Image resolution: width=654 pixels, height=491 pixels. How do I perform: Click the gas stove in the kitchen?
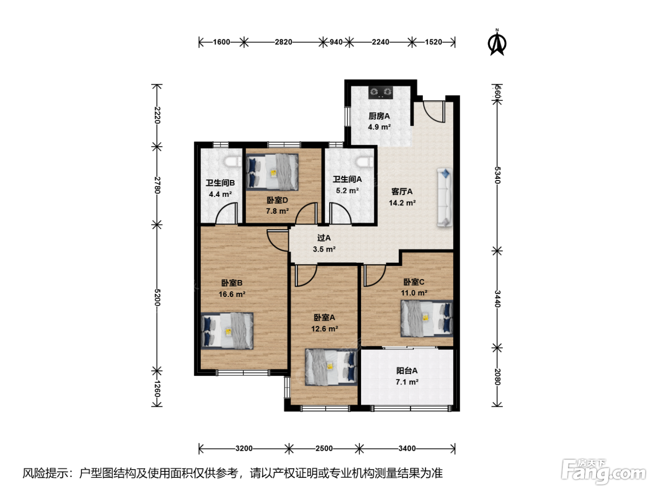pyautogui.click(x=380, y=92)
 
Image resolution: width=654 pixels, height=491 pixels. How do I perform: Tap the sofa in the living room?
pyautogui.click(x=445, y=198)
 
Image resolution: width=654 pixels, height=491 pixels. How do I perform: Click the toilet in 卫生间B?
pyautogui.click(x=233, y=162)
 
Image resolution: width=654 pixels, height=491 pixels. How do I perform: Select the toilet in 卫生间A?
pyautogui.click(x=364, y=162)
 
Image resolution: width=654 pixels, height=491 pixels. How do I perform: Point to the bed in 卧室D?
pyautogui.click(x=272, y=172)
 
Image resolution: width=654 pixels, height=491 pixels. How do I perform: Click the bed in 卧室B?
pyautogui.click(x=227, y=331)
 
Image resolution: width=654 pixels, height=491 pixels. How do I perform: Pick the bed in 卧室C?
pyautogui.click(x=427, y=318)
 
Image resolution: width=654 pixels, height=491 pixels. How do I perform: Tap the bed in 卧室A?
pyautogui.click(x=331, y=367)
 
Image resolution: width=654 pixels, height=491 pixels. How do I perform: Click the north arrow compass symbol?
pyautogui.click(x=497, y=43)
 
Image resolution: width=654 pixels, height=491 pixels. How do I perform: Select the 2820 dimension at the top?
pyautogui.click(x=284, y=42)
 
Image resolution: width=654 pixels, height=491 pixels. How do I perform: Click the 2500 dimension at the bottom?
pyautogui.click(x=324, y=448)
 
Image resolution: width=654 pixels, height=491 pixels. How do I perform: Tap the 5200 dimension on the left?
pyautogui.click(x=157, y=297)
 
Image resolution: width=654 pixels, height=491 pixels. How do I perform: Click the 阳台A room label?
pyautogui.click(x=407, y=370)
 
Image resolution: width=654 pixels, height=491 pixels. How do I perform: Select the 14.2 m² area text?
pyautogui.click(x=402, y=203)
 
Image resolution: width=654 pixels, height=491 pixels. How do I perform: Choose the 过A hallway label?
pyautogui.click(x=324, y=238)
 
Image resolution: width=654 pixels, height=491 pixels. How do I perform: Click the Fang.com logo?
pyautogui.click(x=604, y=472)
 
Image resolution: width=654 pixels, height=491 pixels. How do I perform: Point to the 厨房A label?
pyautogui.click(x=379, y=116)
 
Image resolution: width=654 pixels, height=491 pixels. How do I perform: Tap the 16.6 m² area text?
pyautogui.click(x=232, y=294)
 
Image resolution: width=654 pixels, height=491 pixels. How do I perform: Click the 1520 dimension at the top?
pyautogui.click(x=434, y=42)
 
